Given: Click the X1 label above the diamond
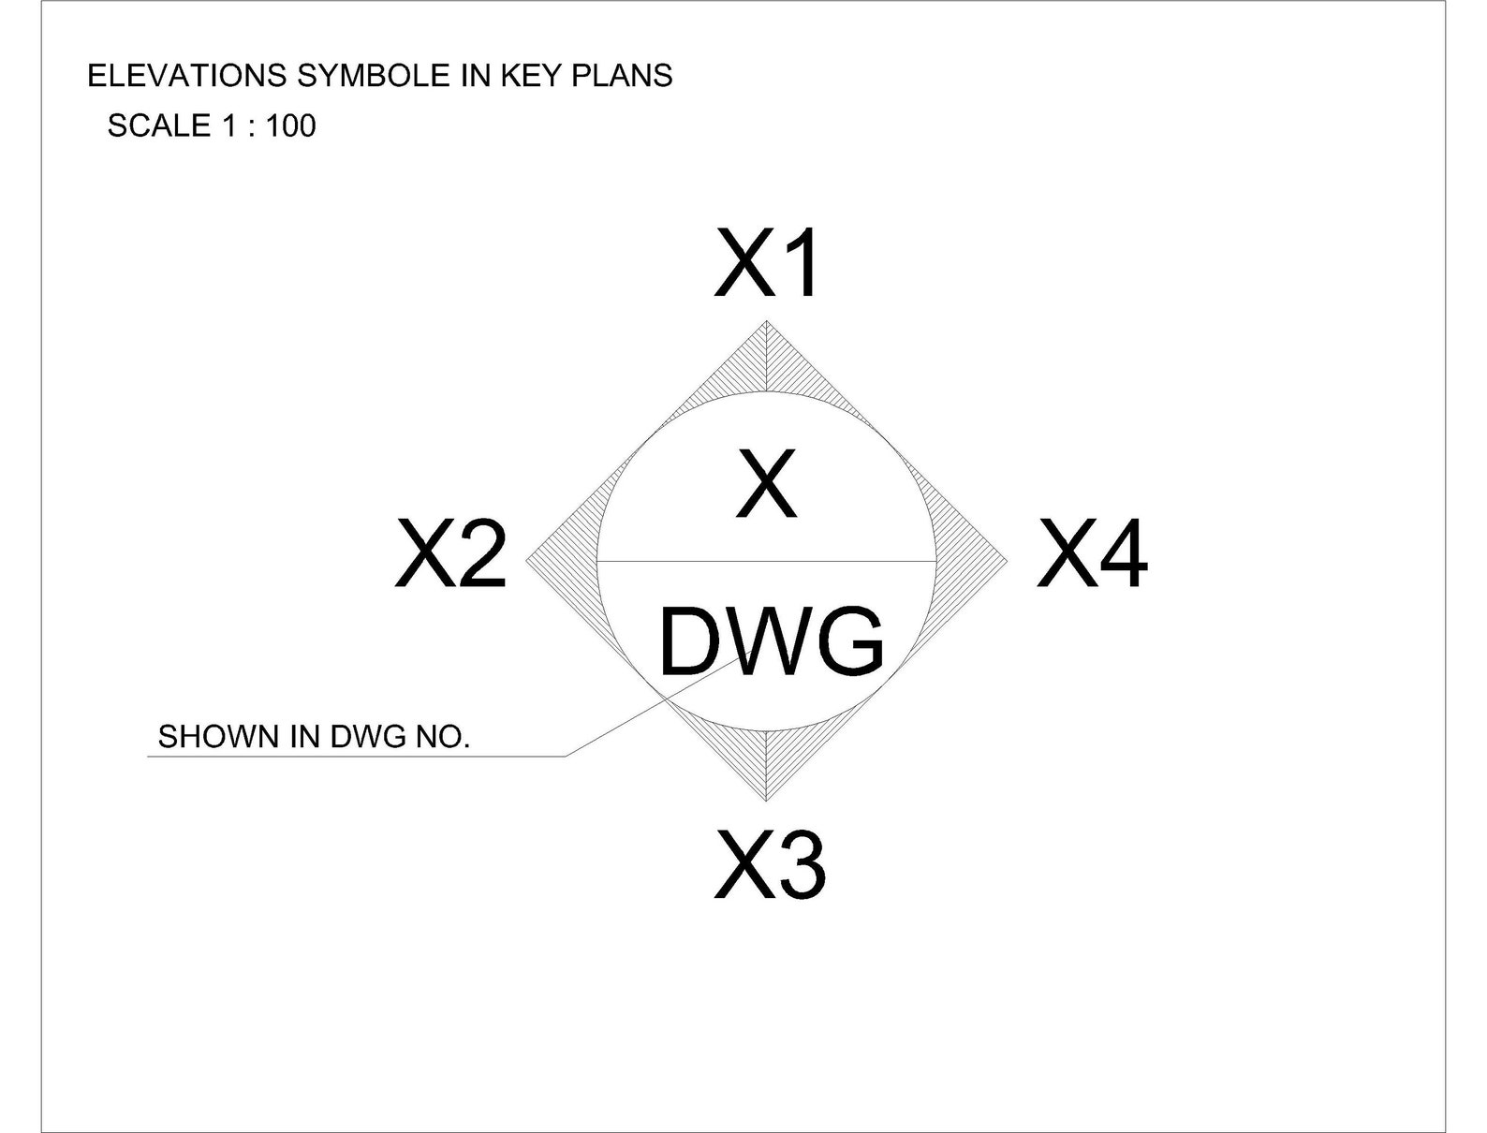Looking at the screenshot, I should (767, 265).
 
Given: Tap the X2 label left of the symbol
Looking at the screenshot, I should (450, 554).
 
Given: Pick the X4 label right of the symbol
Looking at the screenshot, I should (1091, 554).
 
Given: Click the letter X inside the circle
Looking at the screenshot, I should (766, 485).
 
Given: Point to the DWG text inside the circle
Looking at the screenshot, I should (771, 642).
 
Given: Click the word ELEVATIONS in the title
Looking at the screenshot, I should (187, 76).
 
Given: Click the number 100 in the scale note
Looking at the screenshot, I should (291, 125).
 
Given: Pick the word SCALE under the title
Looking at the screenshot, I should (159, 125).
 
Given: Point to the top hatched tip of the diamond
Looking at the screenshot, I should (767, 360).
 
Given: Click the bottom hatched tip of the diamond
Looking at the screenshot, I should (767, 763).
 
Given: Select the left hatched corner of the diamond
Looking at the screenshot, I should (562, 561).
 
